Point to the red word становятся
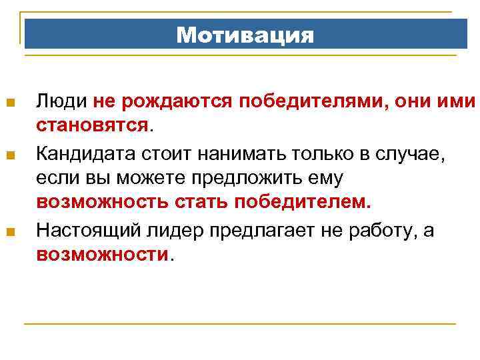93,125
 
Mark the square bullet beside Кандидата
9,155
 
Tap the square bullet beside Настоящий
9,231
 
